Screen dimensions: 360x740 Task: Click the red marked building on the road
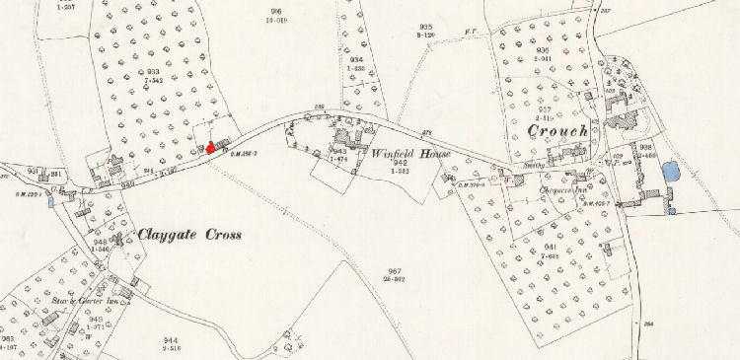(210, 147)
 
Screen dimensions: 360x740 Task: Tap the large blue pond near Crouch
(672, 172)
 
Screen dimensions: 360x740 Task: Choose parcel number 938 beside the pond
(646, 146)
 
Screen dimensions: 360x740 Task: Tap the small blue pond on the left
(50, 203)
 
